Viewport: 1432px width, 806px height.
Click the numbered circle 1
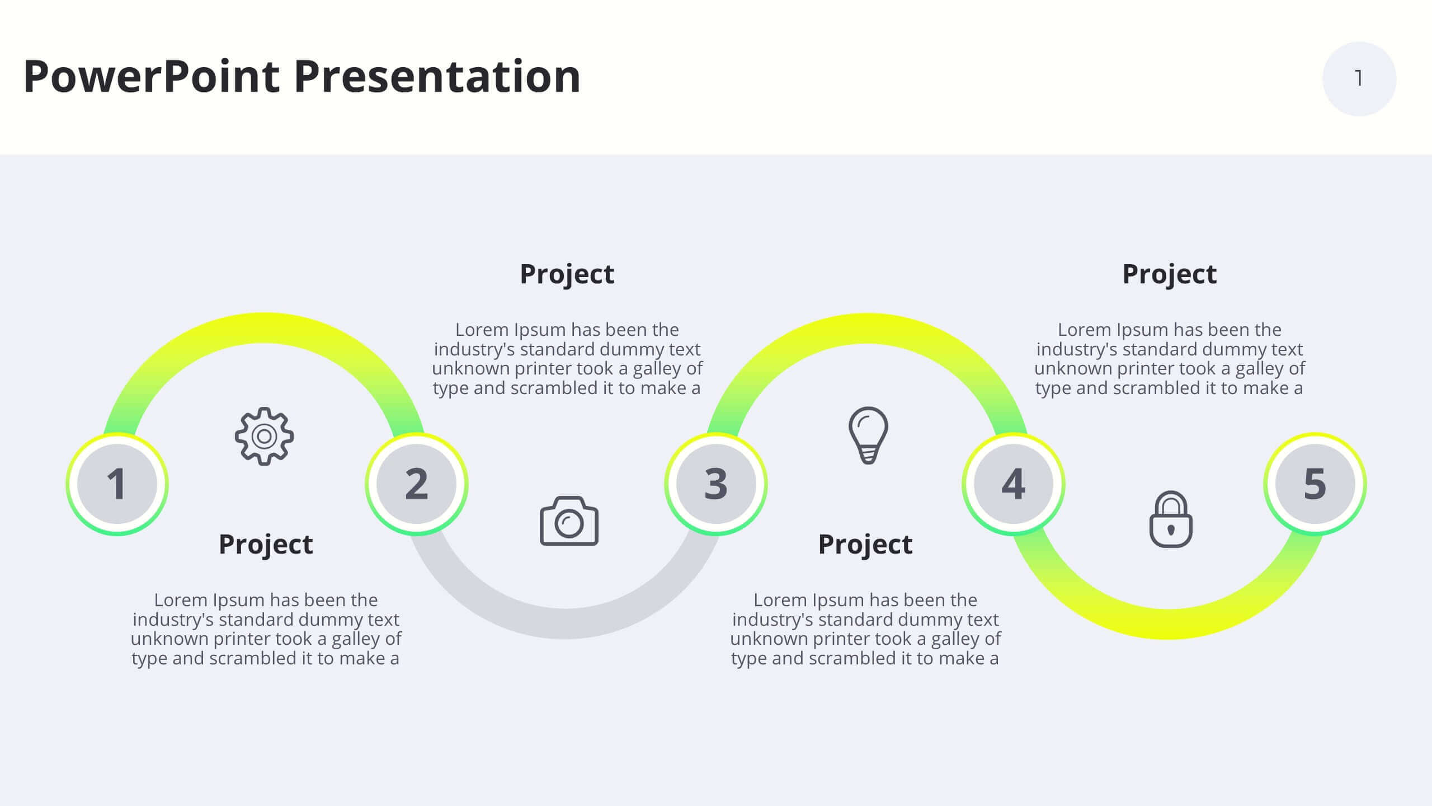click(117, 484)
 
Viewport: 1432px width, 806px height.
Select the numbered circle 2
click(417, 484)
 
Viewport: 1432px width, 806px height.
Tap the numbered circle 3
click(716, 484)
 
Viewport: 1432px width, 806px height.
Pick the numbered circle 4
click(1014, 484)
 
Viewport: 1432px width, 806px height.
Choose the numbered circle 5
click(1315, 484)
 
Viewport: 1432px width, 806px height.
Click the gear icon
click(264, 436)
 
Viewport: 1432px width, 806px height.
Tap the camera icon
click(569, 521)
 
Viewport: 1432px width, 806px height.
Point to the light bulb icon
click(868, 435)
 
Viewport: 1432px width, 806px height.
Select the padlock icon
click(1171, 519)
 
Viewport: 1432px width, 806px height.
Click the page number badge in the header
click(1359, 79)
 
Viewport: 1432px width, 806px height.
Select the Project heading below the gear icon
click(266, 545)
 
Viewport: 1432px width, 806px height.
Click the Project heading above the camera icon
click(567, 274)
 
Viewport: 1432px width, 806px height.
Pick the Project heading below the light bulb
click(865, 545)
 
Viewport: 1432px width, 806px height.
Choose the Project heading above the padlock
click(1170, 274)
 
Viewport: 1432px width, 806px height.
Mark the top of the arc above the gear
click(263, 328)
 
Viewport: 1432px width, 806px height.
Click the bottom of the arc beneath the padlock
click(1169, 624)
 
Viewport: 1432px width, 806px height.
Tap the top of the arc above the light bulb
click(866, 328)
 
